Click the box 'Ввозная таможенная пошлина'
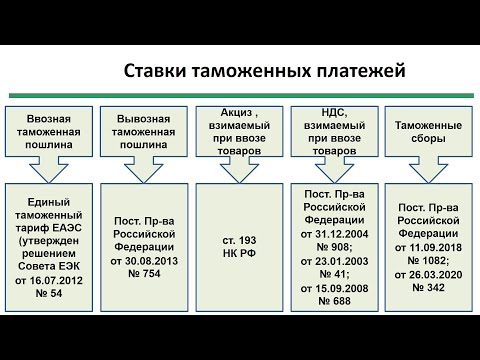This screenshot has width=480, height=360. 52,131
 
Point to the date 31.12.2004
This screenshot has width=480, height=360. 341,234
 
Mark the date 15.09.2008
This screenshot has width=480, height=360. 341,289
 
